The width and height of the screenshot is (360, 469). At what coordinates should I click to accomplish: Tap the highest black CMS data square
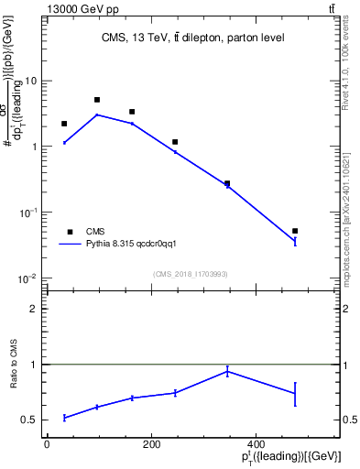(97, 100)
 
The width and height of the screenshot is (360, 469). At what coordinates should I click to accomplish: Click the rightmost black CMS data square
(295, 231)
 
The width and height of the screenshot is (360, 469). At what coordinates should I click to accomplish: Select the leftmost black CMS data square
(64, 124)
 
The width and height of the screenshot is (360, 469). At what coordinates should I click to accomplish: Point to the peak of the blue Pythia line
(97, 115)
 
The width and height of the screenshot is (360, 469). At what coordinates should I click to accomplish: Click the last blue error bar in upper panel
(295, 242)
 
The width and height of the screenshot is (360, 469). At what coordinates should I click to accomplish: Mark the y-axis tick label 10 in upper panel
(31, 81)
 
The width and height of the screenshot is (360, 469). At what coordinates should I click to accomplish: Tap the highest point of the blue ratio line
(227, 371)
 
